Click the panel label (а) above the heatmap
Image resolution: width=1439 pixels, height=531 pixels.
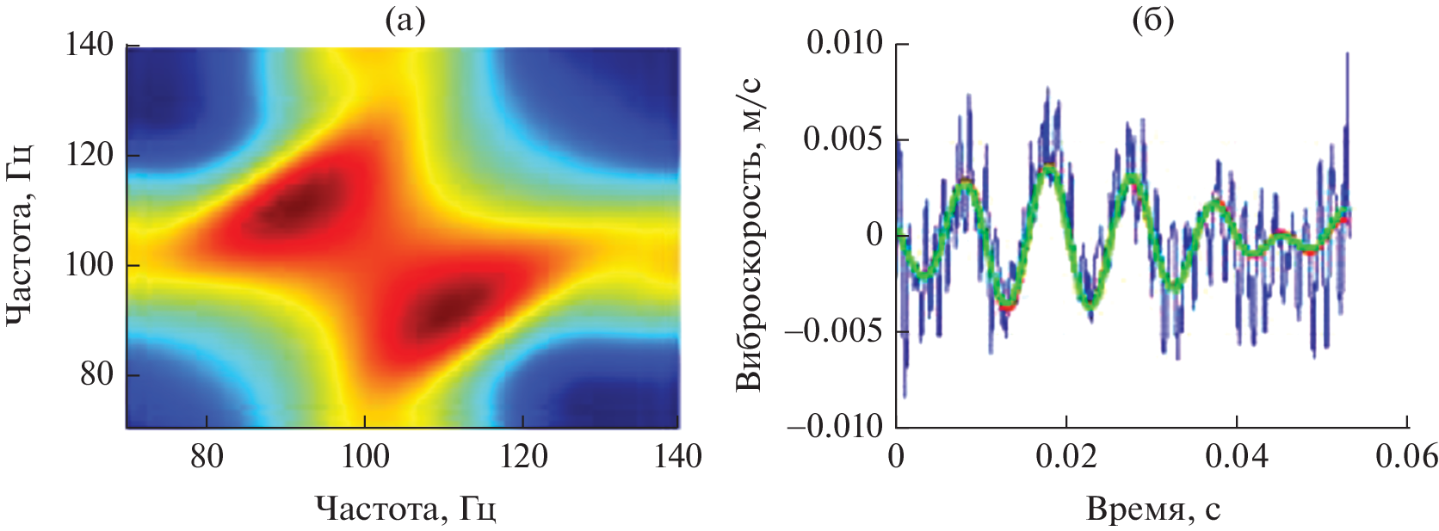point(405,21)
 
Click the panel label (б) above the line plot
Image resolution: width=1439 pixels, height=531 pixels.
point(1152,21)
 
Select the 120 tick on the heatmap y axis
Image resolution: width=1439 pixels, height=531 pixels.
point(90,155)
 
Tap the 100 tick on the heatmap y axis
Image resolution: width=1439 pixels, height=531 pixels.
point(90,265)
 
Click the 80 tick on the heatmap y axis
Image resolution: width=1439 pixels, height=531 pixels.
point(96,375)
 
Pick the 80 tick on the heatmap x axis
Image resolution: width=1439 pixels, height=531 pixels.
point(206,455)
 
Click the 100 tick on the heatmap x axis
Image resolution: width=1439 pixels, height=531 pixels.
point(365,455)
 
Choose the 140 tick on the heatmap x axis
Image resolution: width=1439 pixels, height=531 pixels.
point(678,455)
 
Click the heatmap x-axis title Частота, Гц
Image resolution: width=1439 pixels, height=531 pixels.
point(405,509)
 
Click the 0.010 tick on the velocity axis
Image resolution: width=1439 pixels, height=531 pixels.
point(844,43)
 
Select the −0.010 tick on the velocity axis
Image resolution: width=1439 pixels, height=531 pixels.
point(836,427)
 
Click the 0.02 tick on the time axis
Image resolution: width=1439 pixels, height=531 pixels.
point(1066,455)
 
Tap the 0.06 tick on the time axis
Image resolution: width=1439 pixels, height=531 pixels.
point(1406,455)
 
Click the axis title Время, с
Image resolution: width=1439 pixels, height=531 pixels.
point(1152,509)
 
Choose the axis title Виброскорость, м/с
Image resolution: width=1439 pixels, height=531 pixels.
point(750,234)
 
